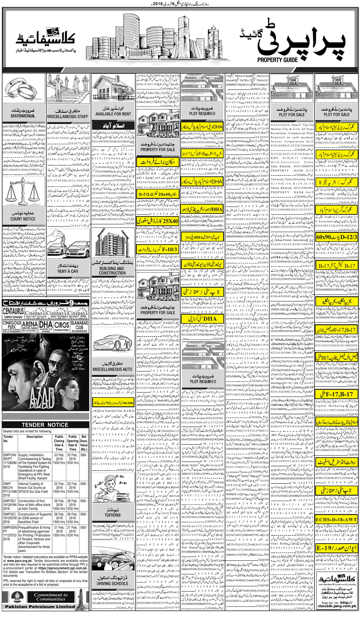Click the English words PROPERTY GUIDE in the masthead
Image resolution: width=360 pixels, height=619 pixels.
point(277,59)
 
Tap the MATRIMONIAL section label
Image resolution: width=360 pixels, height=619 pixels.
point(23,116)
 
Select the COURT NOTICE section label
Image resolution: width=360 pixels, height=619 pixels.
point(23,219)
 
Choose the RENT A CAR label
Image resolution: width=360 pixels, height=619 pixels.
point(68,271)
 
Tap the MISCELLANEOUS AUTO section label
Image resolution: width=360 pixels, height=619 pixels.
point(112,369)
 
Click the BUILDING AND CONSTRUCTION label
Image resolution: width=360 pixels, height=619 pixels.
point(112,271)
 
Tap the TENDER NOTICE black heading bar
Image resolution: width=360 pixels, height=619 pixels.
point(45,425)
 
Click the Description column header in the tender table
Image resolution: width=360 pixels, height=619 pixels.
point(35,437)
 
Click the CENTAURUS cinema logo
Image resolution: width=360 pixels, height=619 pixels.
point(13,313)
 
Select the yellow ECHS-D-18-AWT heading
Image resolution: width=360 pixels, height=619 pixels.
point(337,520)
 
